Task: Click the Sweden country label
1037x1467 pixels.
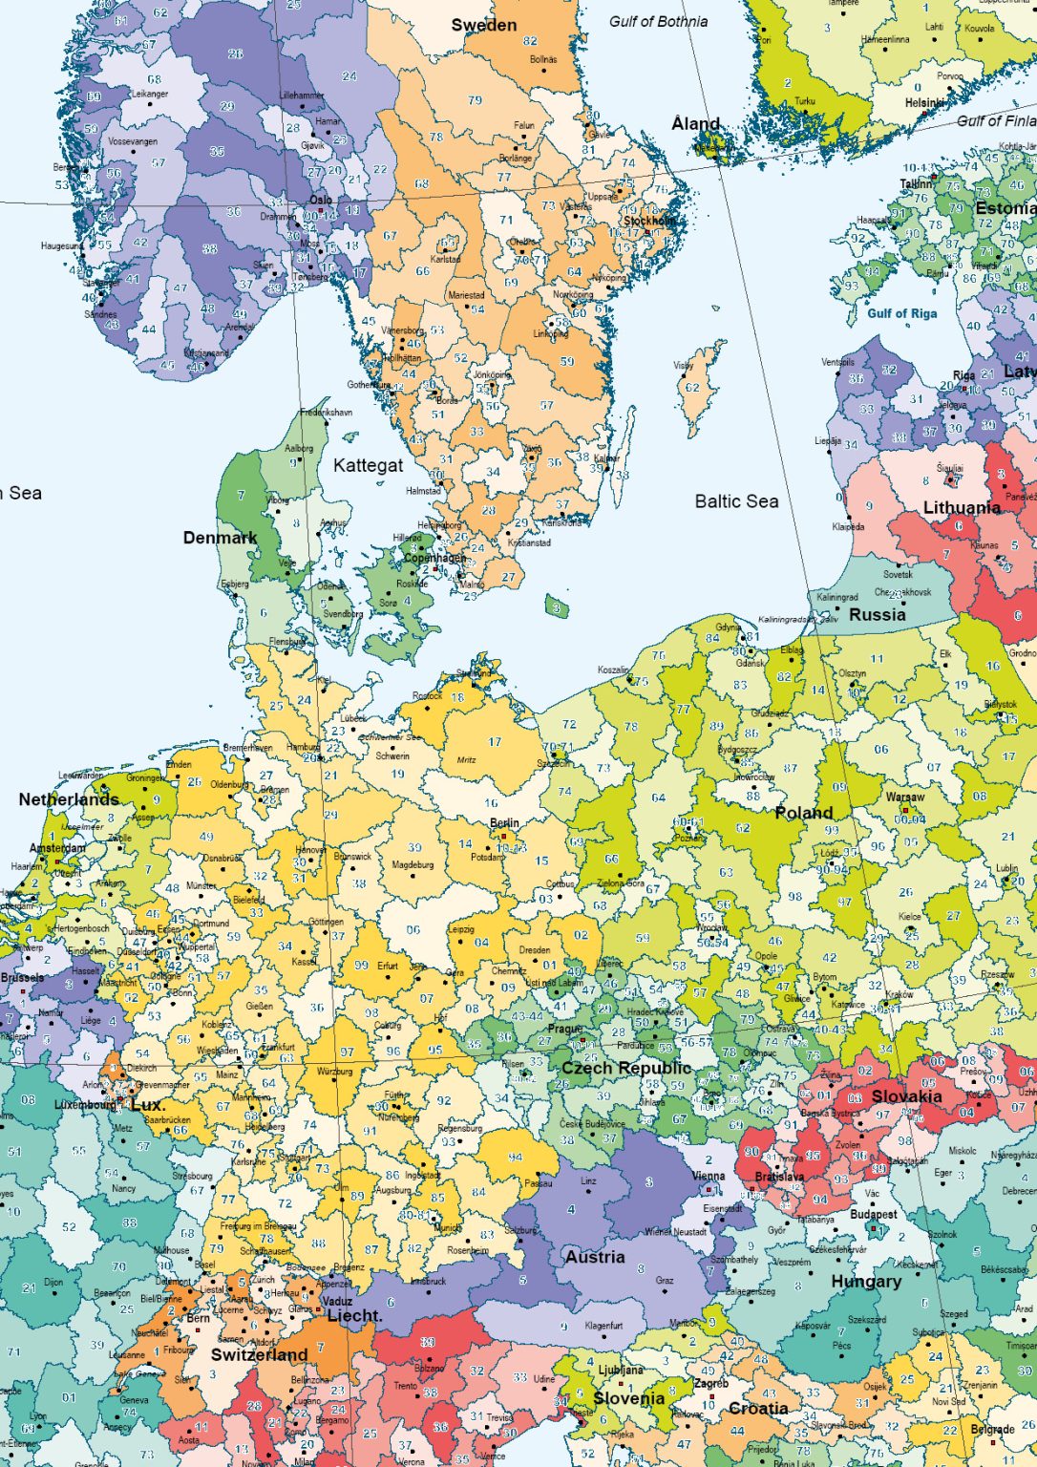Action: point(483,26)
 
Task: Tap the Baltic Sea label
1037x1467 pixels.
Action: point(736,501)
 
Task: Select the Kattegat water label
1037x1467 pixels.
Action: point(368,466)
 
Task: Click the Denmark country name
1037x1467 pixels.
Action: point(220,538)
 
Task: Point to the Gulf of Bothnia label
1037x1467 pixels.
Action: point(658,21)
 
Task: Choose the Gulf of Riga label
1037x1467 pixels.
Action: point(901,313)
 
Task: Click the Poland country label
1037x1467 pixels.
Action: point(803,813)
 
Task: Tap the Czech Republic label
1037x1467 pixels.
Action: point(625,1068)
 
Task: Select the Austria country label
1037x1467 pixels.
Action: point(594,1257)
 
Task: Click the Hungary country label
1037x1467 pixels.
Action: point(865,1282)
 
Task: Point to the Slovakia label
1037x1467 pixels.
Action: point(906,1096)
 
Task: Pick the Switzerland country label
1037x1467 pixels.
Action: point(259,1355)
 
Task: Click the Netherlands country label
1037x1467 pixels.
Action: point(69,799)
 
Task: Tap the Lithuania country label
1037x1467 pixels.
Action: point(961,508)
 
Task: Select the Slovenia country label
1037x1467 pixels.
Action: point(628,1398)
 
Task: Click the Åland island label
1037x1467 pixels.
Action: point(695,124)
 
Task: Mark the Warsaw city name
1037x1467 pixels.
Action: point(904,797)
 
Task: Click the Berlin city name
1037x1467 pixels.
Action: point(504,822)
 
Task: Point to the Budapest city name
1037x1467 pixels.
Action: point(873,1215)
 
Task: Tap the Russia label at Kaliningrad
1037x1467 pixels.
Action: point(877,615)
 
